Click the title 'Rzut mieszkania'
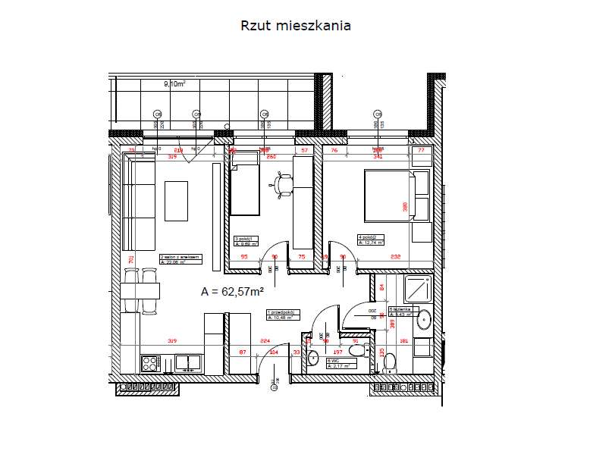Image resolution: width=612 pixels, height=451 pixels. pos(295,26)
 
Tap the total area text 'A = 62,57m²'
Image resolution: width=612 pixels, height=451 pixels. pos(232,291)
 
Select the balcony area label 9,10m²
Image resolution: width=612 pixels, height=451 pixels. pos(174,85)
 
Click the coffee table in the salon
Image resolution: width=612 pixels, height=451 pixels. pos(176,200)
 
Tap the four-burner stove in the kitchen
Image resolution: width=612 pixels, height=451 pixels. pos(152,363)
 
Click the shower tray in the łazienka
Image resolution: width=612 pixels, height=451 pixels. pos(418,289)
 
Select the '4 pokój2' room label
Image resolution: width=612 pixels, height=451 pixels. pos(371,240)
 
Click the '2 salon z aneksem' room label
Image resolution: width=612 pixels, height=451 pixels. pos(180,259)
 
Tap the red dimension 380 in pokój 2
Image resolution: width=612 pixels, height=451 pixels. pos(406,205)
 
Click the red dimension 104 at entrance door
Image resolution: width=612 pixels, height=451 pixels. pos(274,352)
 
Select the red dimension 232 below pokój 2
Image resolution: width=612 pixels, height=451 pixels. pos(396,257)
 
